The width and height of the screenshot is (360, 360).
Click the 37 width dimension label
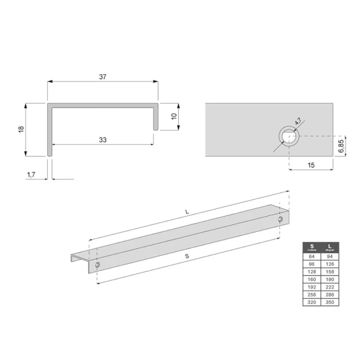coord(102,77)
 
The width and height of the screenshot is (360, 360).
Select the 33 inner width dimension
coord(102,140)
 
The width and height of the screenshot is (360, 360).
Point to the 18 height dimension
coord(21,130)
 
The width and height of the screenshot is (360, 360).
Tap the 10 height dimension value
coord(174,116)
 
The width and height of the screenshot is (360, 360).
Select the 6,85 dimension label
coord(340,145)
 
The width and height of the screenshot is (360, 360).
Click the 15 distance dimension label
coord(311,165)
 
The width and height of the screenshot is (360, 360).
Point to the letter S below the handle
coord(187,257)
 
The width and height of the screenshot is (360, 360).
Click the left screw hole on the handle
coord(97,265)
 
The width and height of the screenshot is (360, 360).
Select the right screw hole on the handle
coord(281,219)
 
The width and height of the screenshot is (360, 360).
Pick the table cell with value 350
coord(330,302)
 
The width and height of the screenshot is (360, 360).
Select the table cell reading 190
coord(330,279)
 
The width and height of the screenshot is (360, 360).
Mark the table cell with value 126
coord(330,264)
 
